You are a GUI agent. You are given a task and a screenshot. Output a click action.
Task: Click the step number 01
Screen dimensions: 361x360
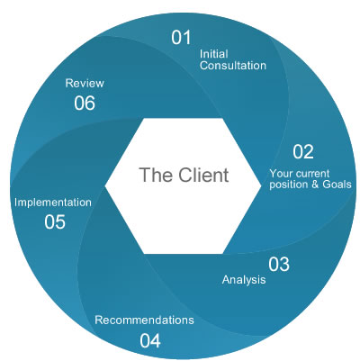click(x=183, y=37)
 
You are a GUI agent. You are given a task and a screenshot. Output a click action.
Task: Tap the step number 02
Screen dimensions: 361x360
click(x=302, y=150)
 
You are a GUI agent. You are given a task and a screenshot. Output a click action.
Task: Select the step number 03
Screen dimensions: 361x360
click(x=278, y=264)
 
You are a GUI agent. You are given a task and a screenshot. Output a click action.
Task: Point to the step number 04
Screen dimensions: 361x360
click(x=150, y=340)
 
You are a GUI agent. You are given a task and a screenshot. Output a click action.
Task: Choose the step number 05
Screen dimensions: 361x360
click(x=54, y=221)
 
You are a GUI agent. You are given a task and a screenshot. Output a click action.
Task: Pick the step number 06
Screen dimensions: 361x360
click(x=85, y=104)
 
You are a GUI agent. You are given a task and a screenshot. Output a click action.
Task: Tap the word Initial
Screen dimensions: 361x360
click(x=212, y=53)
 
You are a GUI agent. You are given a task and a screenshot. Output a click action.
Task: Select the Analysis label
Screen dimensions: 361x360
click(x=244, y=280)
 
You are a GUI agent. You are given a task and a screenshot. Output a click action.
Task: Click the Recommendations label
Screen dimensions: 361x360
click(x=144, y=320)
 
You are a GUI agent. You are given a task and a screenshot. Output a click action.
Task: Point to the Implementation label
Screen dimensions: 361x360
click(x=53, y=203)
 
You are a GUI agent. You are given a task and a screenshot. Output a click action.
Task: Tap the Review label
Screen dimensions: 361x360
click(x=85, y=84)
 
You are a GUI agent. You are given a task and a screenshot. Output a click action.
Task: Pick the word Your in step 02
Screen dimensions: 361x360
click(x=282, y=173)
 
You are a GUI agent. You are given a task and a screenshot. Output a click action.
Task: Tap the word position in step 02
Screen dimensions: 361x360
click(x=290, y=185)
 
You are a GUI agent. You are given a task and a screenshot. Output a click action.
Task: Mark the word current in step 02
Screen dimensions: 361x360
click(x=316, y=173)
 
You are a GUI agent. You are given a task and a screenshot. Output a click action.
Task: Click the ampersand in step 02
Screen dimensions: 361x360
click(x=316, y=185)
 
